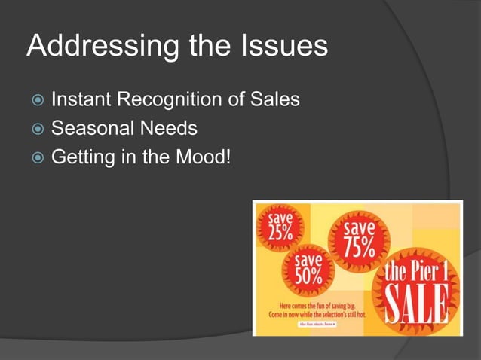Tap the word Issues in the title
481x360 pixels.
(x=282, y=47)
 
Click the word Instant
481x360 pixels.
(x=84, y=98)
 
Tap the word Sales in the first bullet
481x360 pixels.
(x=274, y=98)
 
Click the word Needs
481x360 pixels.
(x=171, y=128)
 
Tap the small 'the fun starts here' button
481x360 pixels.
(x=317, y=324)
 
